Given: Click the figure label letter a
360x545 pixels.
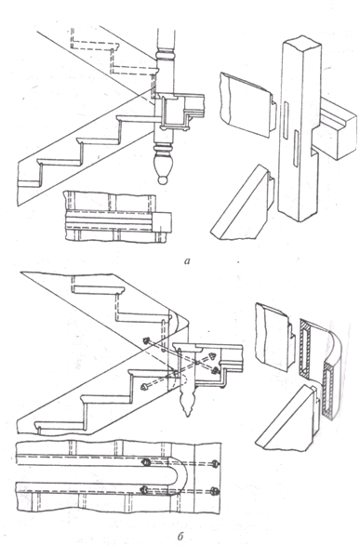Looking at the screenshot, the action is point(188,260).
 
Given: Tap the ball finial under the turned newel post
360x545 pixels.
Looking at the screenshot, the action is point(162,180).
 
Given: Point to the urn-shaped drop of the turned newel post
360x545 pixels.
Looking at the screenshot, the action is point(162,166).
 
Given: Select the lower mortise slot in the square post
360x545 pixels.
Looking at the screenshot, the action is point(296,147).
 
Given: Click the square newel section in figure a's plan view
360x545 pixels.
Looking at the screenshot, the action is point(162,221).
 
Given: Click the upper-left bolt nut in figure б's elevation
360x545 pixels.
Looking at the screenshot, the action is point(147,341).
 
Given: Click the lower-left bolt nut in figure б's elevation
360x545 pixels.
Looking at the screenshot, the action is point(143,387).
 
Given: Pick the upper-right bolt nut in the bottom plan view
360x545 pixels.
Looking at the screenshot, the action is point(216,463).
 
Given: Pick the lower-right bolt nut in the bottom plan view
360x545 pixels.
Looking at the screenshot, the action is point(216,491).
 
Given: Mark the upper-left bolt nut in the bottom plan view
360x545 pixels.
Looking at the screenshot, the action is point(146,462).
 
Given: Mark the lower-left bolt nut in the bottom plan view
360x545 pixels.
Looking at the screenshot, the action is point(144,490).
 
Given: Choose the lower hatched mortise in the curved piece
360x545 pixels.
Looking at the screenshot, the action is point(328,390).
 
